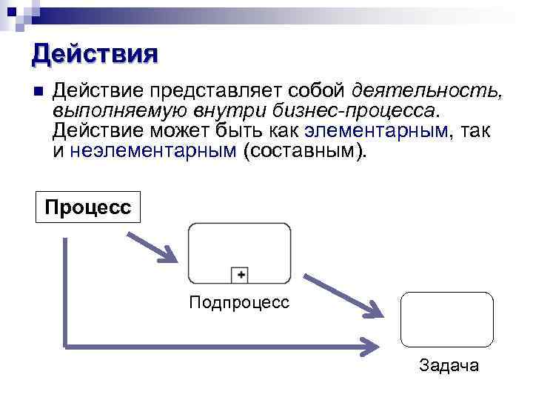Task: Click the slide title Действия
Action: coord(95,54)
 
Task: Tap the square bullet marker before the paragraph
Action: coord(38,91)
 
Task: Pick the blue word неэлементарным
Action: coord(153,151)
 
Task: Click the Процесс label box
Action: coord(87,207)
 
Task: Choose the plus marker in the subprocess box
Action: coord(240,276)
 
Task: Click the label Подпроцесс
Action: coord(239,302)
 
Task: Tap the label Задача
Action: coord(449,365)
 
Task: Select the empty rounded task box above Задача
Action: coord(446,319)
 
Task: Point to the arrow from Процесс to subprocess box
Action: coord(152,246)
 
